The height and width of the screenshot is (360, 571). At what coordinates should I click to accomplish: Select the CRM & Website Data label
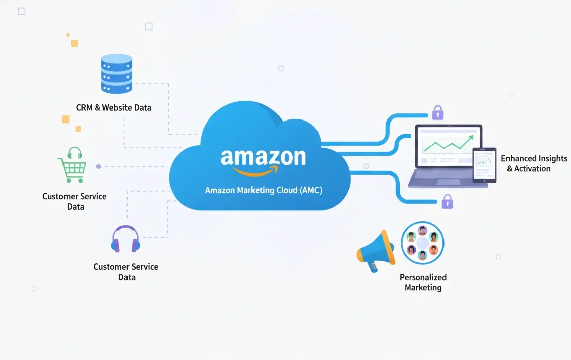[113, 107]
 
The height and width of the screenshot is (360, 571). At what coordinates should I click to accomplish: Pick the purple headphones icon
[125, 240]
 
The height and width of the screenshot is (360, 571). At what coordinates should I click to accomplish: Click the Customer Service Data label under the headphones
[126, 272]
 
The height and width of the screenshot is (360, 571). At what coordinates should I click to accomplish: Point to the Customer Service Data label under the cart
[75, 201]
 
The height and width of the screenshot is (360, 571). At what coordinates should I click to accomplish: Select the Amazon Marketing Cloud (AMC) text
[263, 191]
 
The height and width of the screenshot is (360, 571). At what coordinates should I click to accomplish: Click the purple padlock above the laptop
[438, 112]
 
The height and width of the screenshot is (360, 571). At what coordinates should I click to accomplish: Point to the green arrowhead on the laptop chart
[471, 136]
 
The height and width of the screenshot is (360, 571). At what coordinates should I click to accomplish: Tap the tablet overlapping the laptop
[484, 165]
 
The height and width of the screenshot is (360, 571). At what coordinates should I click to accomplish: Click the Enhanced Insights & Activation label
[534, 163]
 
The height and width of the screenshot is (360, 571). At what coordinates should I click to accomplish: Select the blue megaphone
[375, 251]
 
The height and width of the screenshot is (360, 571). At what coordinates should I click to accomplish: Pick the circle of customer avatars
[422, 243]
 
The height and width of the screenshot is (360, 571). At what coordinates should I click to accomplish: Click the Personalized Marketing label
[423, 282]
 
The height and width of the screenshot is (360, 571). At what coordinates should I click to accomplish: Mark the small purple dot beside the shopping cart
[98, 166]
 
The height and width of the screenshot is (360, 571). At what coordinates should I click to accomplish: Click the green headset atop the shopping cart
[75, 153]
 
